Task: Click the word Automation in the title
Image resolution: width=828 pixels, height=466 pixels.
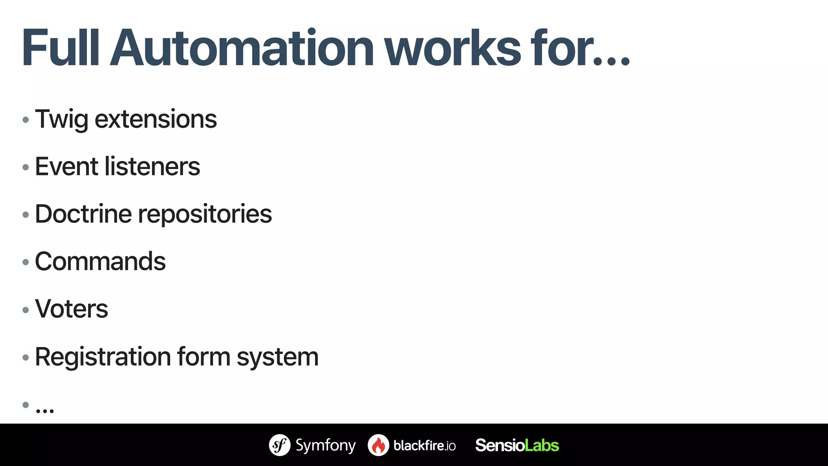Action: point(242,48)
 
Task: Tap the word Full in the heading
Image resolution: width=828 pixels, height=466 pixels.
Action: point(61,48)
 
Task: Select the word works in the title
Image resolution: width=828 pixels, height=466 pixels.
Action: point(452,48)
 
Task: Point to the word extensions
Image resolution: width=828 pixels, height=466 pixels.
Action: point(156,119)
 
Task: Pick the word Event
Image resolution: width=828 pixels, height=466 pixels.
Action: point(66,166)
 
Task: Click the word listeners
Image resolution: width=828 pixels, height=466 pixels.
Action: point(152,166)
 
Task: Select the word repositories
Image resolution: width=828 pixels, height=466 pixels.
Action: point(205,214)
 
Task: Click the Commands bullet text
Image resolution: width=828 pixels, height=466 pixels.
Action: point(100,261)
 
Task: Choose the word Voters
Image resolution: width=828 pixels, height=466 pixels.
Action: point(72,309)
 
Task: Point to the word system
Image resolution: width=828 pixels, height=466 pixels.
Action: point(278,358)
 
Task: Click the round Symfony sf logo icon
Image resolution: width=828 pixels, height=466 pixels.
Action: point(280,445)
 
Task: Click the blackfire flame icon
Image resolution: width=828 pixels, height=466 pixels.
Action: point(378,445)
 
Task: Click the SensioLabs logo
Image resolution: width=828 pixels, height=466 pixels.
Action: point(517,445)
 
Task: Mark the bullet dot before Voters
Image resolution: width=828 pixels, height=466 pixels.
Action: point(26,310)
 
